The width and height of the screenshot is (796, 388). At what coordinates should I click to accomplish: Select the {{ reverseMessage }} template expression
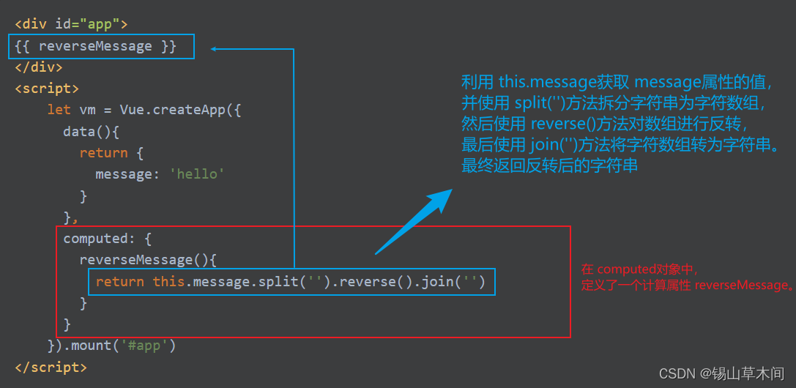[x=95, y=46]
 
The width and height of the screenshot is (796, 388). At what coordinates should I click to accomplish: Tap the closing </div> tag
[x=38, y=67]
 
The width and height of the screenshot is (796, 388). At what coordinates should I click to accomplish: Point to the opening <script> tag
[x=46, y=89]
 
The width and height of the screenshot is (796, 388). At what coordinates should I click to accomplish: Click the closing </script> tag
[x=51, y=366]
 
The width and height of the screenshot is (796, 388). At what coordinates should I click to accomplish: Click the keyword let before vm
[x=59, y=110]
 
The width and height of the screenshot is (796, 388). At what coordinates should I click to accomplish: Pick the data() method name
[x=83, y=131]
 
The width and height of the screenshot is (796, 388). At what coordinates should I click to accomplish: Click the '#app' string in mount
[x=145, y=345]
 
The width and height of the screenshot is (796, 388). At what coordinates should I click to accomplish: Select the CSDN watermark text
[x=721, y=373]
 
